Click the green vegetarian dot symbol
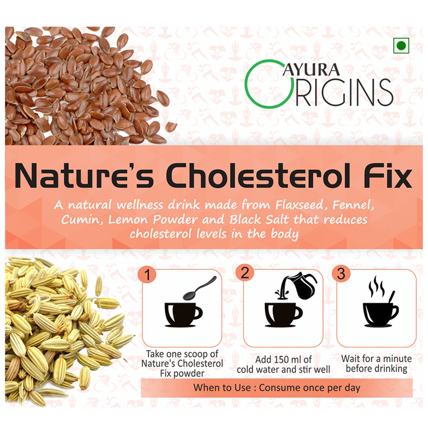click(x=401, y=46)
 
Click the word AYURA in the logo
click(x=311, y=69)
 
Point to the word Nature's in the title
click(x=84, y=176)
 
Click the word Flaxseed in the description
click(x=300, y=205)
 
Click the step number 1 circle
click(x=147, y=275)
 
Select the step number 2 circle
click(x=245, y=273)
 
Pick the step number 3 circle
click(x=341, y=273)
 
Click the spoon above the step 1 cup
click(x=199, y=288)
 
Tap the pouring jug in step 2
click(x=298, y=286)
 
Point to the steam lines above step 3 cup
click(x=377, y=286)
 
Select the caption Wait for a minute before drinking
click(x=377, y=364)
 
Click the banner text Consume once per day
click(x=310, y=387)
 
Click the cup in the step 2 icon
click(x=283, y=315)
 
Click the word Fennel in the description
click(x=353, y=205)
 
